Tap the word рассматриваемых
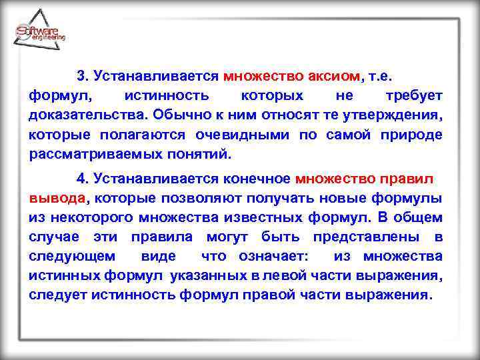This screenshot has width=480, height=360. [87, 155]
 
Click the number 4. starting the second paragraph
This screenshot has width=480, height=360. [83, 179]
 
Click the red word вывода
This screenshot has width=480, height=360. [57, 198]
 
